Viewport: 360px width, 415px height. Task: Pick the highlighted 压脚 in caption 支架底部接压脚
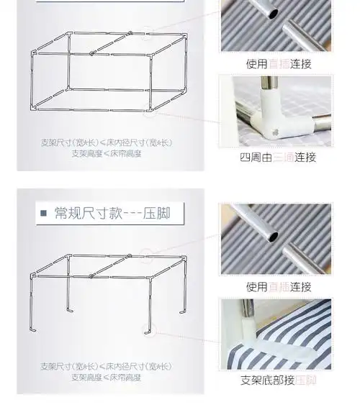click(x=306, y=380)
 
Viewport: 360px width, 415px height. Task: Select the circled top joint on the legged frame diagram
click(x=147, y=252)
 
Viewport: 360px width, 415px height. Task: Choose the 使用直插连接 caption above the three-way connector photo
click(x=278, y=63)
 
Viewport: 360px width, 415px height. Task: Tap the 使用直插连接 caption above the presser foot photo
click(x=278, y=286)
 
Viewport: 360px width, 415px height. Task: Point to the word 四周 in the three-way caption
click(x=249, y=157)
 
